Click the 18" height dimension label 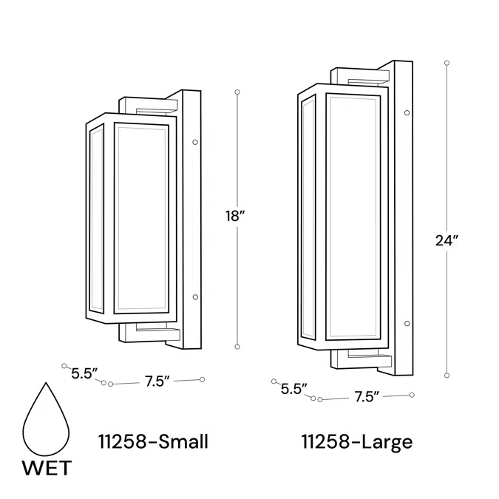(235, 217)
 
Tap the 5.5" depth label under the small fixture (85, 374)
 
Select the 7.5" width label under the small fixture (157, 381)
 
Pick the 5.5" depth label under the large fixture (294, 390)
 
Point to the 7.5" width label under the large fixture (367, 396)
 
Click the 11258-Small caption (153, 442)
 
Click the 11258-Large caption (357, 442)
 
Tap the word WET (47, 468)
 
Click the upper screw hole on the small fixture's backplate (194, 141)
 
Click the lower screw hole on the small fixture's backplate (194, 297)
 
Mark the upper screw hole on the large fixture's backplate (407, 113)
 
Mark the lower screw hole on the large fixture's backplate (407, 324)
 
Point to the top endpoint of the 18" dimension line (237, 92)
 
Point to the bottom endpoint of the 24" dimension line (447, 375)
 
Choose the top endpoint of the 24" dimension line (447, 64)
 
